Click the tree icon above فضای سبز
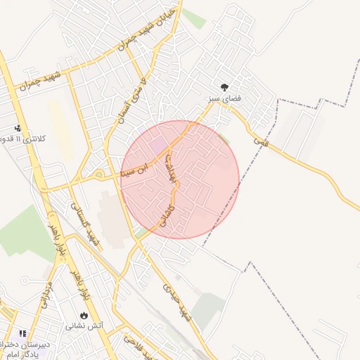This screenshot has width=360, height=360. tap(224, 88)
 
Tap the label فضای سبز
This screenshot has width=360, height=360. tap(224, 100)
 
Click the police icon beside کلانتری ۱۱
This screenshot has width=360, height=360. tap(18, 129)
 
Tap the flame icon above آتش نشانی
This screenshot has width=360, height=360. tap(84, 316)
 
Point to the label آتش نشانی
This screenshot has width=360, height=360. tap(84, 326)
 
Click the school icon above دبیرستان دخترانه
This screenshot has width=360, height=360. tap(22, 333)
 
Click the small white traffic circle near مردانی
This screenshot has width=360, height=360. tap(26, 280)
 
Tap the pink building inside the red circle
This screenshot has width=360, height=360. tap(158, 145)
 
